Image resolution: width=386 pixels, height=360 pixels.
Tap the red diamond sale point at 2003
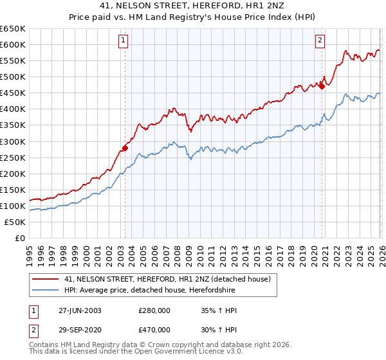tap(125, 148)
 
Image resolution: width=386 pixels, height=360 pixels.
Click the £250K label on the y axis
tap(13, 157)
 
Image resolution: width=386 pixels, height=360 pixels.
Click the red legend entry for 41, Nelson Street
tap(170, 279)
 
